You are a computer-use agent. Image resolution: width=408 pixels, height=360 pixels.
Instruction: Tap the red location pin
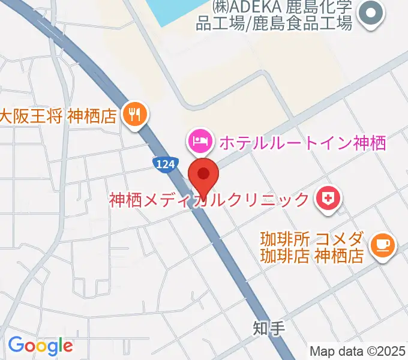(x=203, y=175)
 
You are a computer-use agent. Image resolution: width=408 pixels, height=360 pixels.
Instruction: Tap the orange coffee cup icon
(x=382, y=245)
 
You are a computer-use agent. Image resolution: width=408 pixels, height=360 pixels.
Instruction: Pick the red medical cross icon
(x=328, y=199)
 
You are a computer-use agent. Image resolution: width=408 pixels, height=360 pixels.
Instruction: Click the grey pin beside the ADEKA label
(x=370, y=13)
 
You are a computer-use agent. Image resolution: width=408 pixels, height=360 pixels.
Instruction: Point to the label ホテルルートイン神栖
(x=302, y=143)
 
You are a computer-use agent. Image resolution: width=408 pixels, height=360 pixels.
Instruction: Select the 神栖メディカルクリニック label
(x=209, y=199)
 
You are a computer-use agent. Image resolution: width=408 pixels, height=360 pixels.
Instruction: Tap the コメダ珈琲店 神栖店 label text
(x=312, y=248)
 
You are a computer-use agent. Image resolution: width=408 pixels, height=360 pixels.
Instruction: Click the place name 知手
(x=265, y=328)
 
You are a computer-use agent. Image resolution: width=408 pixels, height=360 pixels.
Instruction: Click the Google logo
(x=40, y=346)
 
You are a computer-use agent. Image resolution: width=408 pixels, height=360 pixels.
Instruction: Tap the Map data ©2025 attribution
(x=358, y=352)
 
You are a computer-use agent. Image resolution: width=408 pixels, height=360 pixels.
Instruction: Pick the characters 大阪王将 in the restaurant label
(x=31, y=116)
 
